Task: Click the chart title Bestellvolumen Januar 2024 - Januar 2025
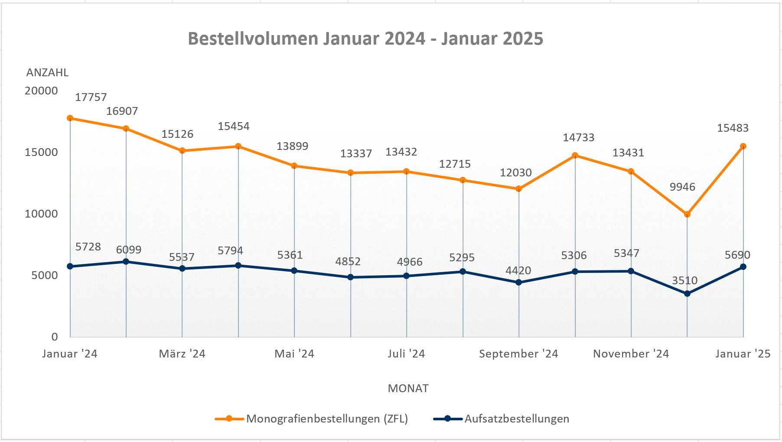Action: coord(365,39)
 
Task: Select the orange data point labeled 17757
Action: coord(70,118)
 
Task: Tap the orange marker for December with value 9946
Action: coord(687,214)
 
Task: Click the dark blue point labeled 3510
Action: coord(687,294)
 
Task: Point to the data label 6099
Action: coord(129,250)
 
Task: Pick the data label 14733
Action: coord(578,138)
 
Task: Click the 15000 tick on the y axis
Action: coord(41,153)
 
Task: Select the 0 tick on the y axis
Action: coord(55,337)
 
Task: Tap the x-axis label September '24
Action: coord(518,354)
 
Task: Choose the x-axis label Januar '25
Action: coord(743,354)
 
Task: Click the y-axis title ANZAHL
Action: coord(47,73)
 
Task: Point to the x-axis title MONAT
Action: coord(408,388)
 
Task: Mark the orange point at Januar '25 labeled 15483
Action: coord(743,146)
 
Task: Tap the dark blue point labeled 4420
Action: coord(519,283)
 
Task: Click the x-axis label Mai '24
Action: coord(294,354)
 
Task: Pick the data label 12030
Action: coord(515,173)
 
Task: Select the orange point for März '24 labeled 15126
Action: coord(182,151)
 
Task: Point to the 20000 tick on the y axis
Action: coord(41,91)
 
